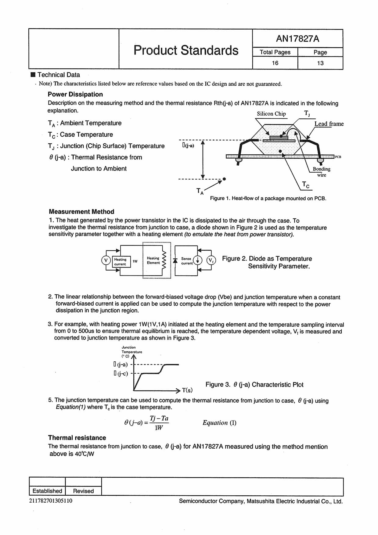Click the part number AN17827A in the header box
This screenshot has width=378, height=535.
(297, 39)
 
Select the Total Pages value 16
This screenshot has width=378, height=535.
(275, 63)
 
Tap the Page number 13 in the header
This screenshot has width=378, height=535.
(320, 63)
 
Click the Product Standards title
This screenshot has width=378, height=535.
(186, 50)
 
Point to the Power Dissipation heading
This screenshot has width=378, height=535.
(75, 94)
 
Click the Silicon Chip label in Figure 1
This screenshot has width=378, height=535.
(271, 114)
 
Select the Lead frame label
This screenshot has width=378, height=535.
(329, 124)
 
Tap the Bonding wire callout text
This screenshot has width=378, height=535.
(322, 172)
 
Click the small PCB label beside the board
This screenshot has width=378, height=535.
(338, 157)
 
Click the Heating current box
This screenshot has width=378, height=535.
(121, 262)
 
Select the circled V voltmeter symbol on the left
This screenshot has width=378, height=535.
(106, 260)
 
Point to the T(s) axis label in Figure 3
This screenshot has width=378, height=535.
(187, 390)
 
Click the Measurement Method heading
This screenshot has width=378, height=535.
(81, 212)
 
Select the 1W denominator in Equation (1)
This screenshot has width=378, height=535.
(159, 428)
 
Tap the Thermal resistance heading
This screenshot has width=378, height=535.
(77, 438)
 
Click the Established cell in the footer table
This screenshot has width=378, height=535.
(47, 491)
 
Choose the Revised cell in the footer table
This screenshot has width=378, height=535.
(83, 491)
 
